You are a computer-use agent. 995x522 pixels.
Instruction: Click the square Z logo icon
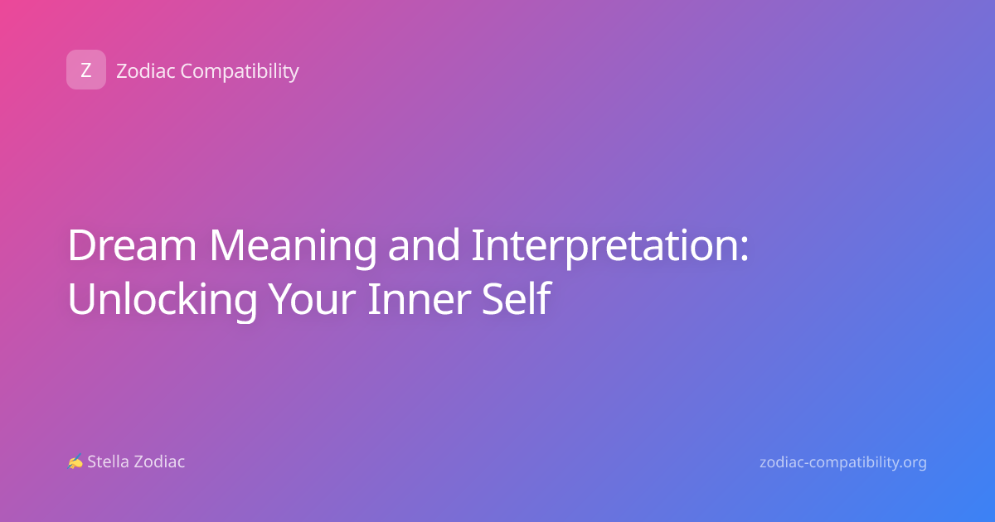[86, 70]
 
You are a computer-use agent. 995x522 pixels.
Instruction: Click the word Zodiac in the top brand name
[146, 71]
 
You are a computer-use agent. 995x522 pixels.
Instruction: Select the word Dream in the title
[132, 245]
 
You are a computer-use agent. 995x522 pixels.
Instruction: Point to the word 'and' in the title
[424, 244]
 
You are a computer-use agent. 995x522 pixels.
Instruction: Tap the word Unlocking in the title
[163, 300]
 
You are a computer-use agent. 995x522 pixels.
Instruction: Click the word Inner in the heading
[420, 299]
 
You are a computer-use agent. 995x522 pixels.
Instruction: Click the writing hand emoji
[75, 462]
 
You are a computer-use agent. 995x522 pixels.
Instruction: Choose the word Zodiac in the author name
[158, 462]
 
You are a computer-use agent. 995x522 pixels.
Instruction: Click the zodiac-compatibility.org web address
[843, 462]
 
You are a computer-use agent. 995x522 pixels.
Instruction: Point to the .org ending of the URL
[912, 463]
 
